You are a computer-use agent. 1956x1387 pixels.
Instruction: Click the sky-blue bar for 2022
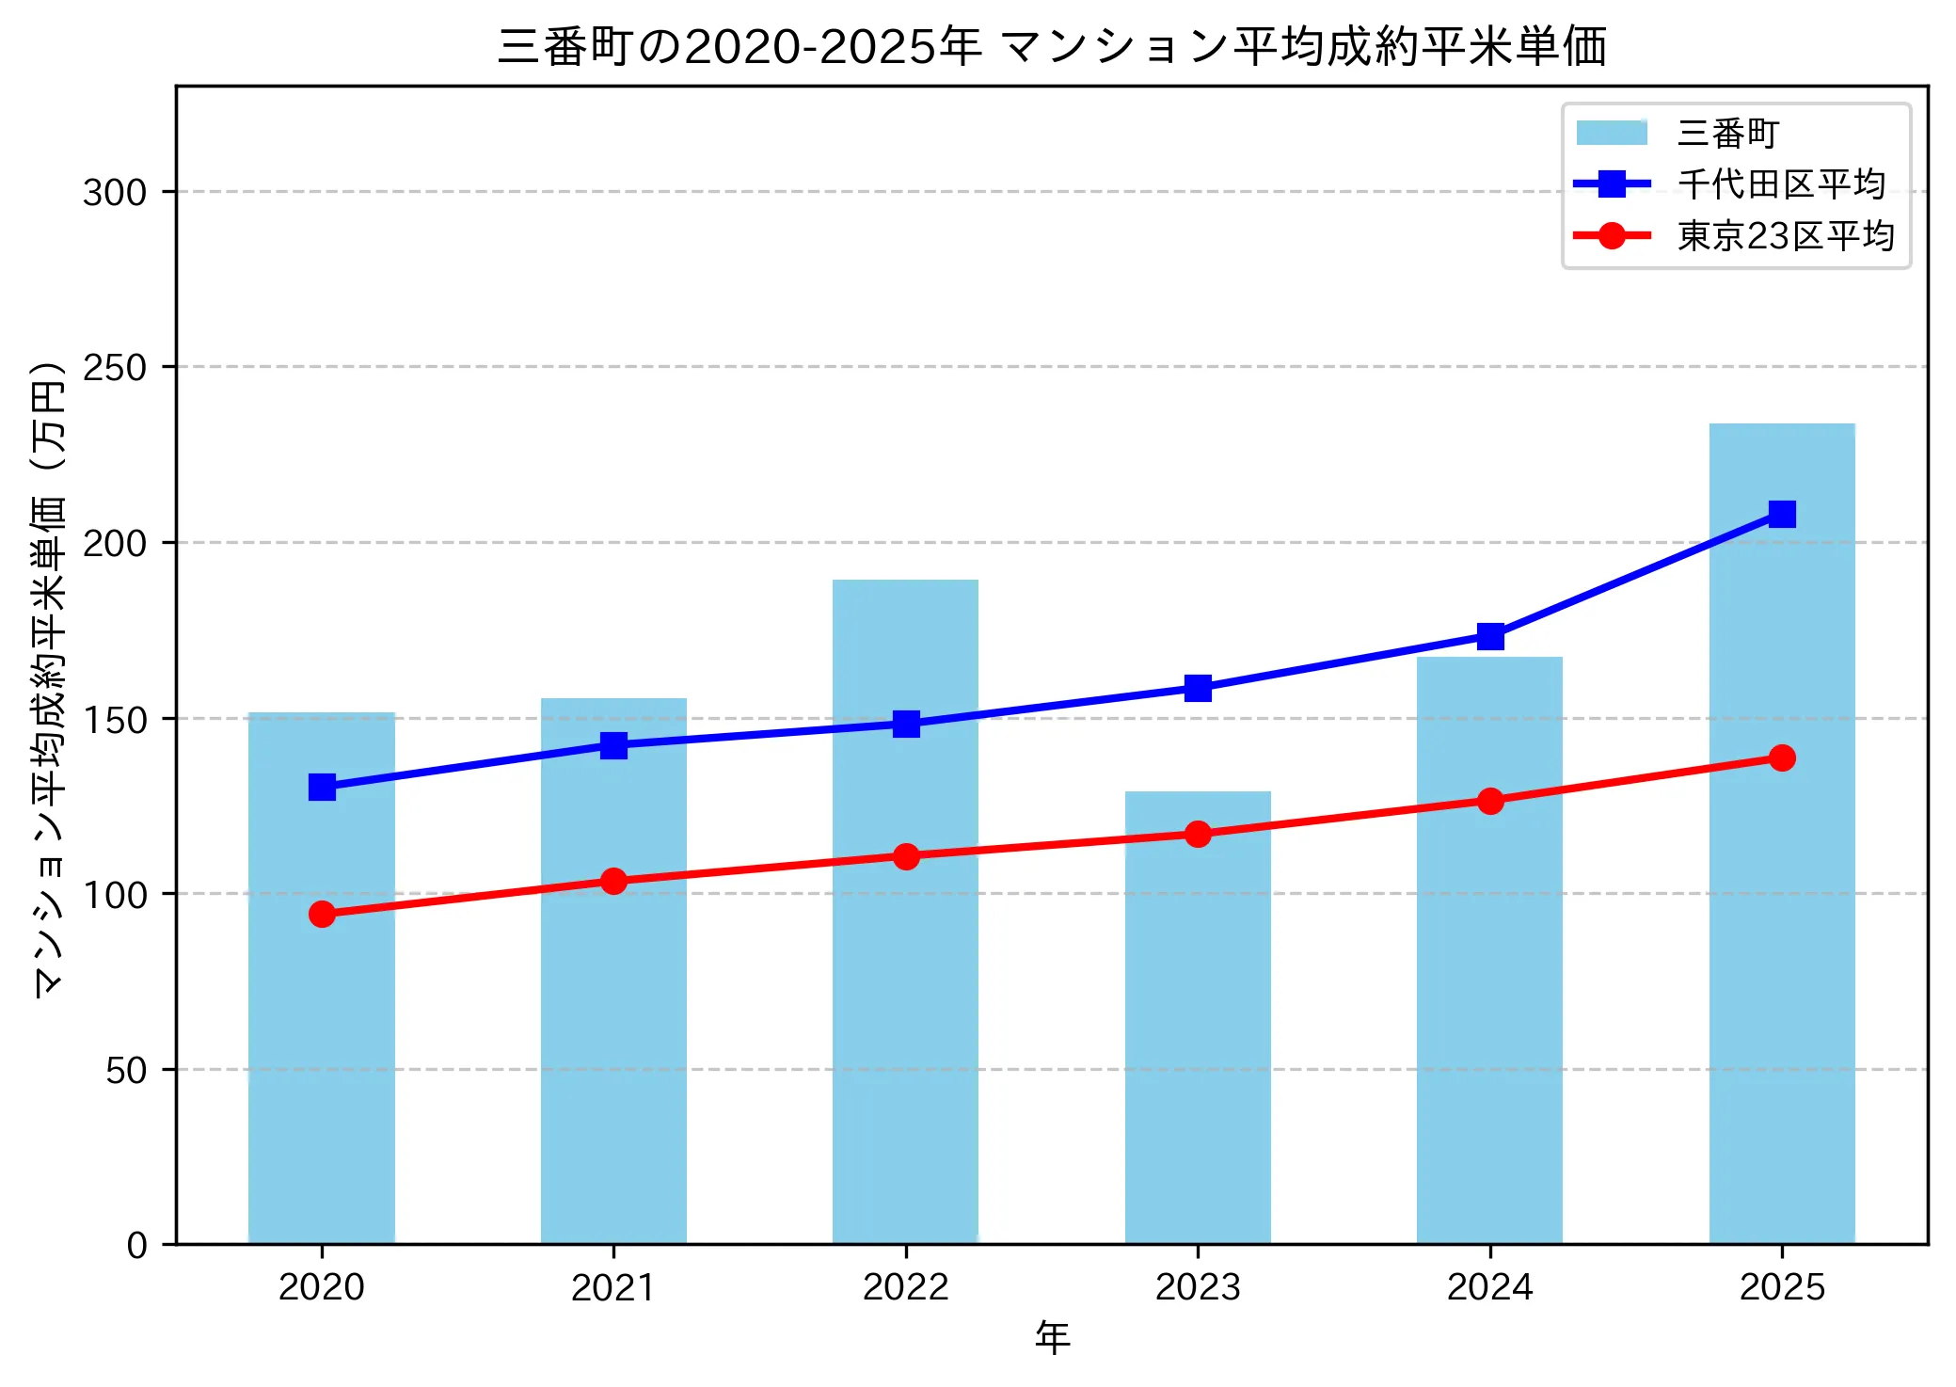[x=905, y=988]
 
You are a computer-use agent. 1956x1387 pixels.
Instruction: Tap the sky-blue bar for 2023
[x=1198, y=1035]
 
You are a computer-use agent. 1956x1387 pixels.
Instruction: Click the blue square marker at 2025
[x=1781, y=514]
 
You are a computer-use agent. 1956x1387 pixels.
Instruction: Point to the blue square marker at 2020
[x=322, y=787]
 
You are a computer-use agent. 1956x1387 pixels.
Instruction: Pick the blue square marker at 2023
[x=1198, y=688]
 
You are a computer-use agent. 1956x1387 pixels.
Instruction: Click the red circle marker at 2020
[x=322, y=914]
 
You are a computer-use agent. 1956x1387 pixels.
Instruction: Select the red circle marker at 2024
[x=1489, y=801]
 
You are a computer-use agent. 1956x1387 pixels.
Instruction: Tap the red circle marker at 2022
[x=906, y=856]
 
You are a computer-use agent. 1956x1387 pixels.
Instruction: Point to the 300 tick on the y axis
[x=115, y=192]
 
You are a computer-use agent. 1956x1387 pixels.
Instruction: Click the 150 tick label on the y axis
[x=115, y=720]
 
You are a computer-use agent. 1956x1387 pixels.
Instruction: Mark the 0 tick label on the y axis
[x=137, y=1246]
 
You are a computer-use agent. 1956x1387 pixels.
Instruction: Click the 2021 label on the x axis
[x=613, y=1287]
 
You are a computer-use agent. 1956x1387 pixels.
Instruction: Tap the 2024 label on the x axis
[x=1489, y=1287]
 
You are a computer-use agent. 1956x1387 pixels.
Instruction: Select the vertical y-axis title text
[x=49, y=678]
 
